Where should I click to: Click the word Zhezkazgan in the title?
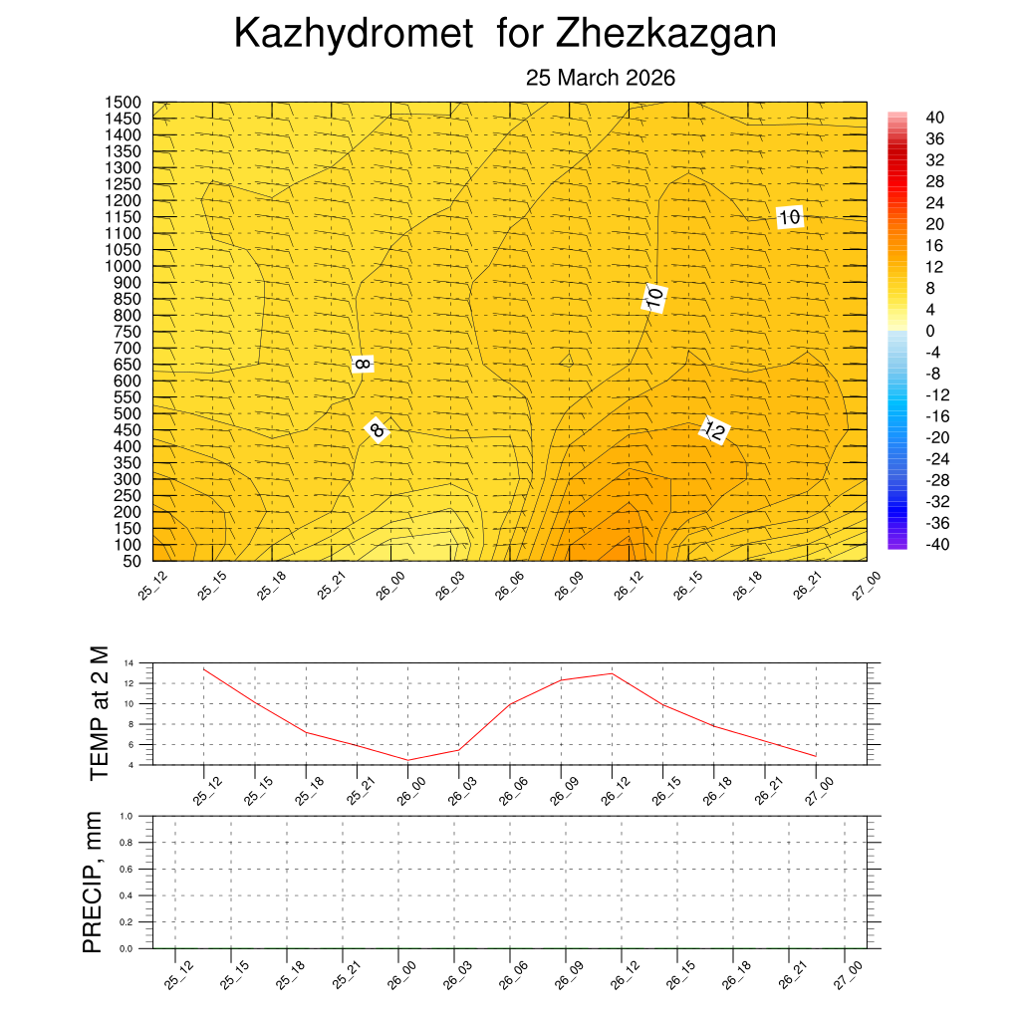click(665, 35)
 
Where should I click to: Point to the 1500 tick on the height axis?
click(124, 103)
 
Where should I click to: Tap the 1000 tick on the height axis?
click(124, 266)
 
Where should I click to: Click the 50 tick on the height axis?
click(130, 561)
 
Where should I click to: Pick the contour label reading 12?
click(714, 430)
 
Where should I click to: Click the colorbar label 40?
click(934, 118)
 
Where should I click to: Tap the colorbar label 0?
click(929, 331)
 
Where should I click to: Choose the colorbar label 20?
click(934, 224)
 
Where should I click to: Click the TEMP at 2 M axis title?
click(98, 712)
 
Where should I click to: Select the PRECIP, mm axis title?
click(93, 882)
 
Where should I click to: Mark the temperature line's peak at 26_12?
click(612, 673)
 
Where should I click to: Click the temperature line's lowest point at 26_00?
click(407, 760)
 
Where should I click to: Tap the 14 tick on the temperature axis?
click(128, 663)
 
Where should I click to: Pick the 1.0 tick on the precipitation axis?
click(127, 816)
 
